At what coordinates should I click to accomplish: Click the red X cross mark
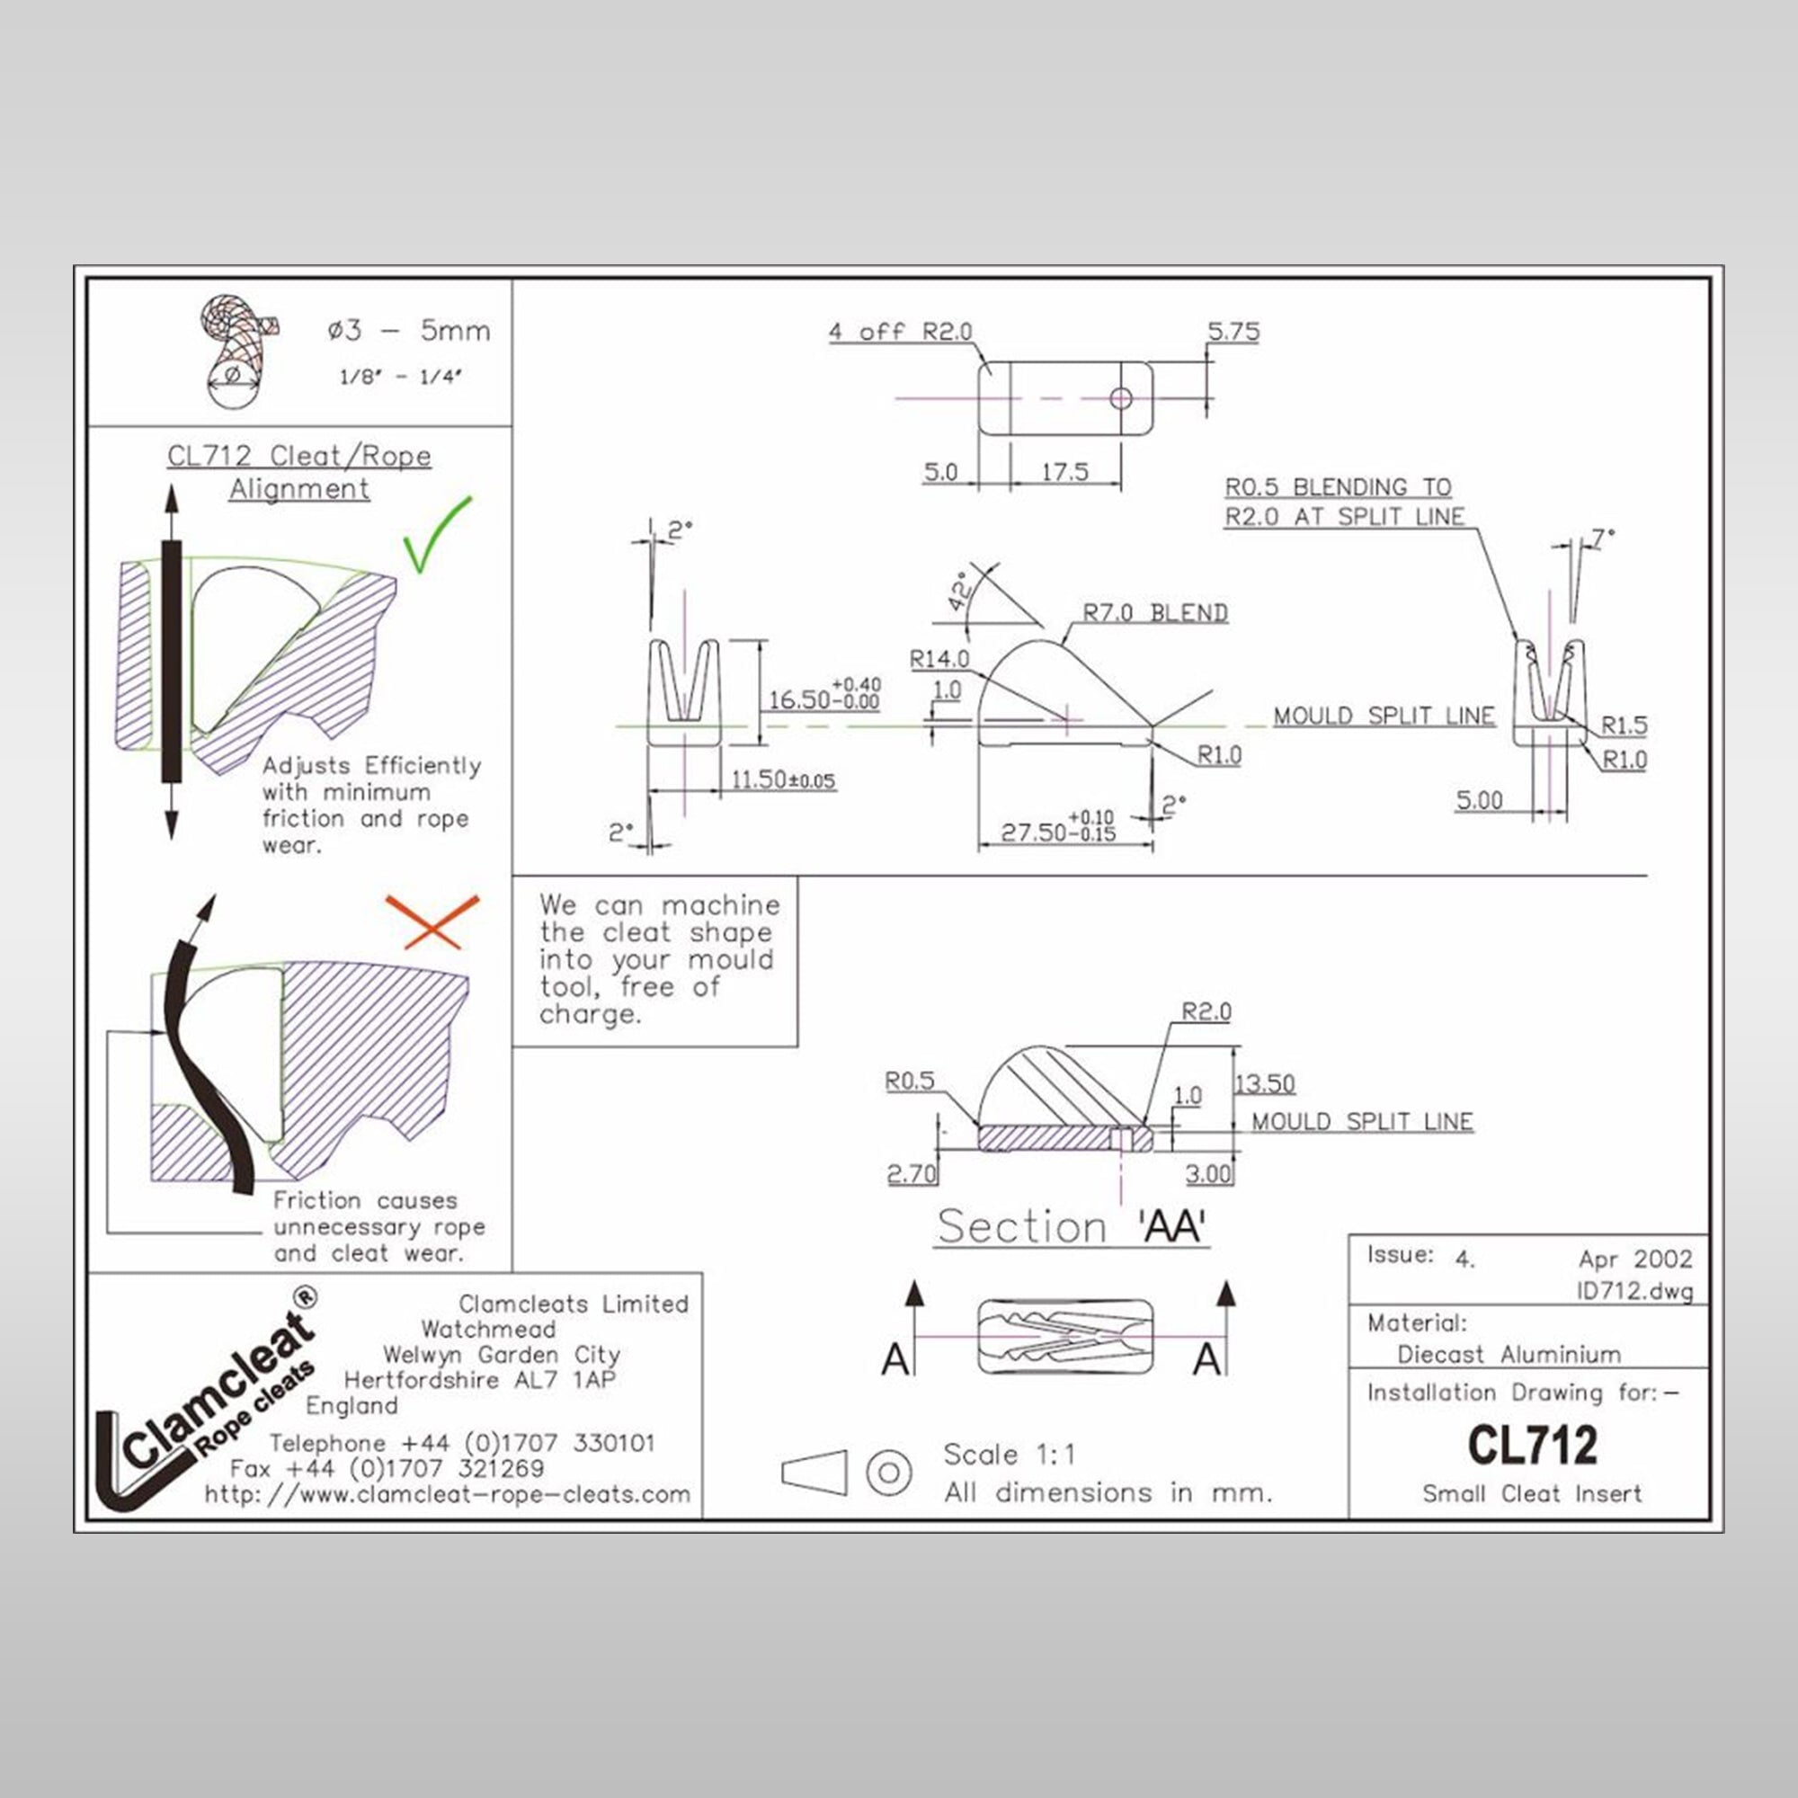432,921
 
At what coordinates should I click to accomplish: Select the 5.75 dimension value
1233,332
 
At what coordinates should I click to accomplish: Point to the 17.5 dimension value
1064,472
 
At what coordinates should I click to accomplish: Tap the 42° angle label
960,591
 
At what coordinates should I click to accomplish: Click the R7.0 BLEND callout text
1155,612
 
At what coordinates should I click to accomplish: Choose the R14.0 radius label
939,659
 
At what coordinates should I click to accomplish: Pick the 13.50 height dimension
1265,1083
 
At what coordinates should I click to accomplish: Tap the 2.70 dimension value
911,1173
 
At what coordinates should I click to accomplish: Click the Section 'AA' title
1072,1226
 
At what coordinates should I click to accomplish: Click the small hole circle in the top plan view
1120,399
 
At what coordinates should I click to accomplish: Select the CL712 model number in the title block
1532,1445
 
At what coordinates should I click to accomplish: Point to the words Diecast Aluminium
1509,1354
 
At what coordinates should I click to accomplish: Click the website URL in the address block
448,1493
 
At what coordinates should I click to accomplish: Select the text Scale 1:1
1009,1454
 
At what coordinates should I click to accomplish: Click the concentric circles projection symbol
888,1473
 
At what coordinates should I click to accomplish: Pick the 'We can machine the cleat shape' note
655,958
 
